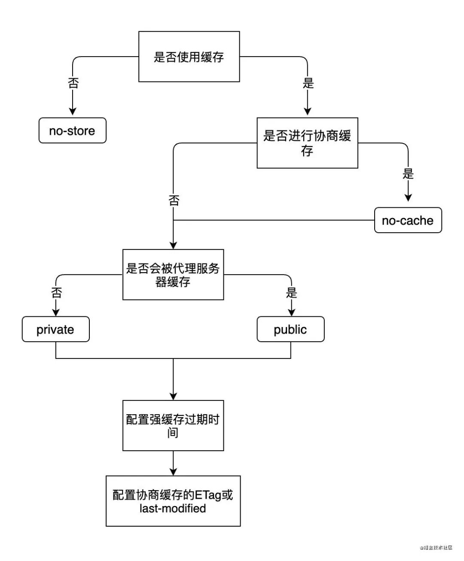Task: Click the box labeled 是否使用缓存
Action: pyautogui.click(x=189, y=57)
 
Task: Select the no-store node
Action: pyautogui.click(x=72, y=130)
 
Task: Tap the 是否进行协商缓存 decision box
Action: pyautogui.click(x=307, y=143)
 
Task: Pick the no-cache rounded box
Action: pyautogui.click(x=408, y=220)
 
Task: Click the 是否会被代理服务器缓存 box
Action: pyautogui.click(x=173, y=275)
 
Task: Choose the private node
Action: pyautogui.click(x=55, y=329)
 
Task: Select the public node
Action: pyautogui.click(x=290, y=329)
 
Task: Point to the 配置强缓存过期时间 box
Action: pyautogui.click(x=173, y=425)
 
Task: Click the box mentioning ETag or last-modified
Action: pyautogui.click(x=173, y=501)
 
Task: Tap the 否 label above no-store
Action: pyautogui.click(x=73, y=83)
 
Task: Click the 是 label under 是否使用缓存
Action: pyautogui.click(x=308, y=83)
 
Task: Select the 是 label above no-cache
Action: pyautogui.click(x=408, y=174)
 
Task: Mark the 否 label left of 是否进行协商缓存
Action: pyautogui.click(x=174, y=200)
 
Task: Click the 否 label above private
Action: pyautogui.click(x=56, y=293)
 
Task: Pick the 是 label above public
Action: pyautogui.click(x=291, y=293)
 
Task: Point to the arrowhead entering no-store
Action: pyautogui.click(x=73, y=111)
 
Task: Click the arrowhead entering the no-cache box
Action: pyautogui.click(x=408, y=197)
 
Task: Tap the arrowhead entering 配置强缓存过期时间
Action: pyautogui.click(x=173, y=395)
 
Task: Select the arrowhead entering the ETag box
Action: pyautogui.click(x=173, y=471)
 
